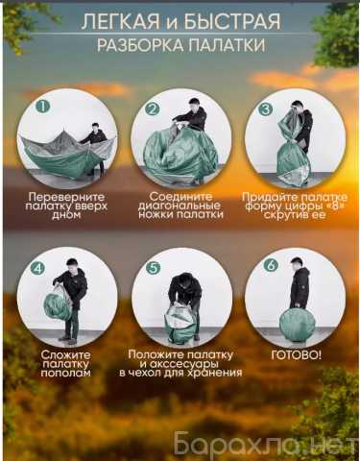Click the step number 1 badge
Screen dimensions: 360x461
click(x=43, y=107)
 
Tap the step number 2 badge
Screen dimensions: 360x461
click(x=152, y=109)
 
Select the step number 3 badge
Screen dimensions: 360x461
click(x=265, y=109)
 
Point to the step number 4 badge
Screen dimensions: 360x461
click(x=38, y=268)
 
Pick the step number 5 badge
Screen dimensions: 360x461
click(x=153, y=268)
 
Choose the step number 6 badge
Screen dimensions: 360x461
click(x=271, y=266)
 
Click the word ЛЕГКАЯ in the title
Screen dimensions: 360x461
click(x=120, y=22)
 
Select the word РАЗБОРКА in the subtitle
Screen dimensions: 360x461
click(x=140, y=45)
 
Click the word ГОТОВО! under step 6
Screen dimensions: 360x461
click(x=296, y=355)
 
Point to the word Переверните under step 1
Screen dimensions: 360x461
click(x=66, y=197)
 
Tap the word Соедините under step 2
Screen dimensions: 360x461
click(x=180, y=196)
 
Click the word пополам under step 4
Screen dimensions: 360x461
click(x=65, y=373)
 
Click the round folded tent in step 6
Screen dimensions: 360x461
click(x=298, y=324)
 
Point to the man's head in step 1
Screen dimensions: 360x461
click(x=95, y=127)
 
